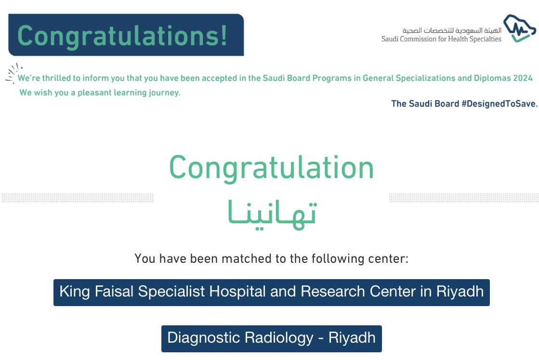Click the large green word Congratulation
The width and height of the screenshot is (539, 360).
[x=271, y=167]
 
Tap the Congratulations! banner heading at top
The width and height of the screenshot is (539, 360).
[x=123, y=36]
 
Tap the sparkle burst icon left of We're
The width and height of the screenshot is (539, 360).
[x=13, y=72]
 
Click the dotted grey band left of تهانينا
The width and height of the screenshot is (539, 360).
[x=77, y=197]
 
